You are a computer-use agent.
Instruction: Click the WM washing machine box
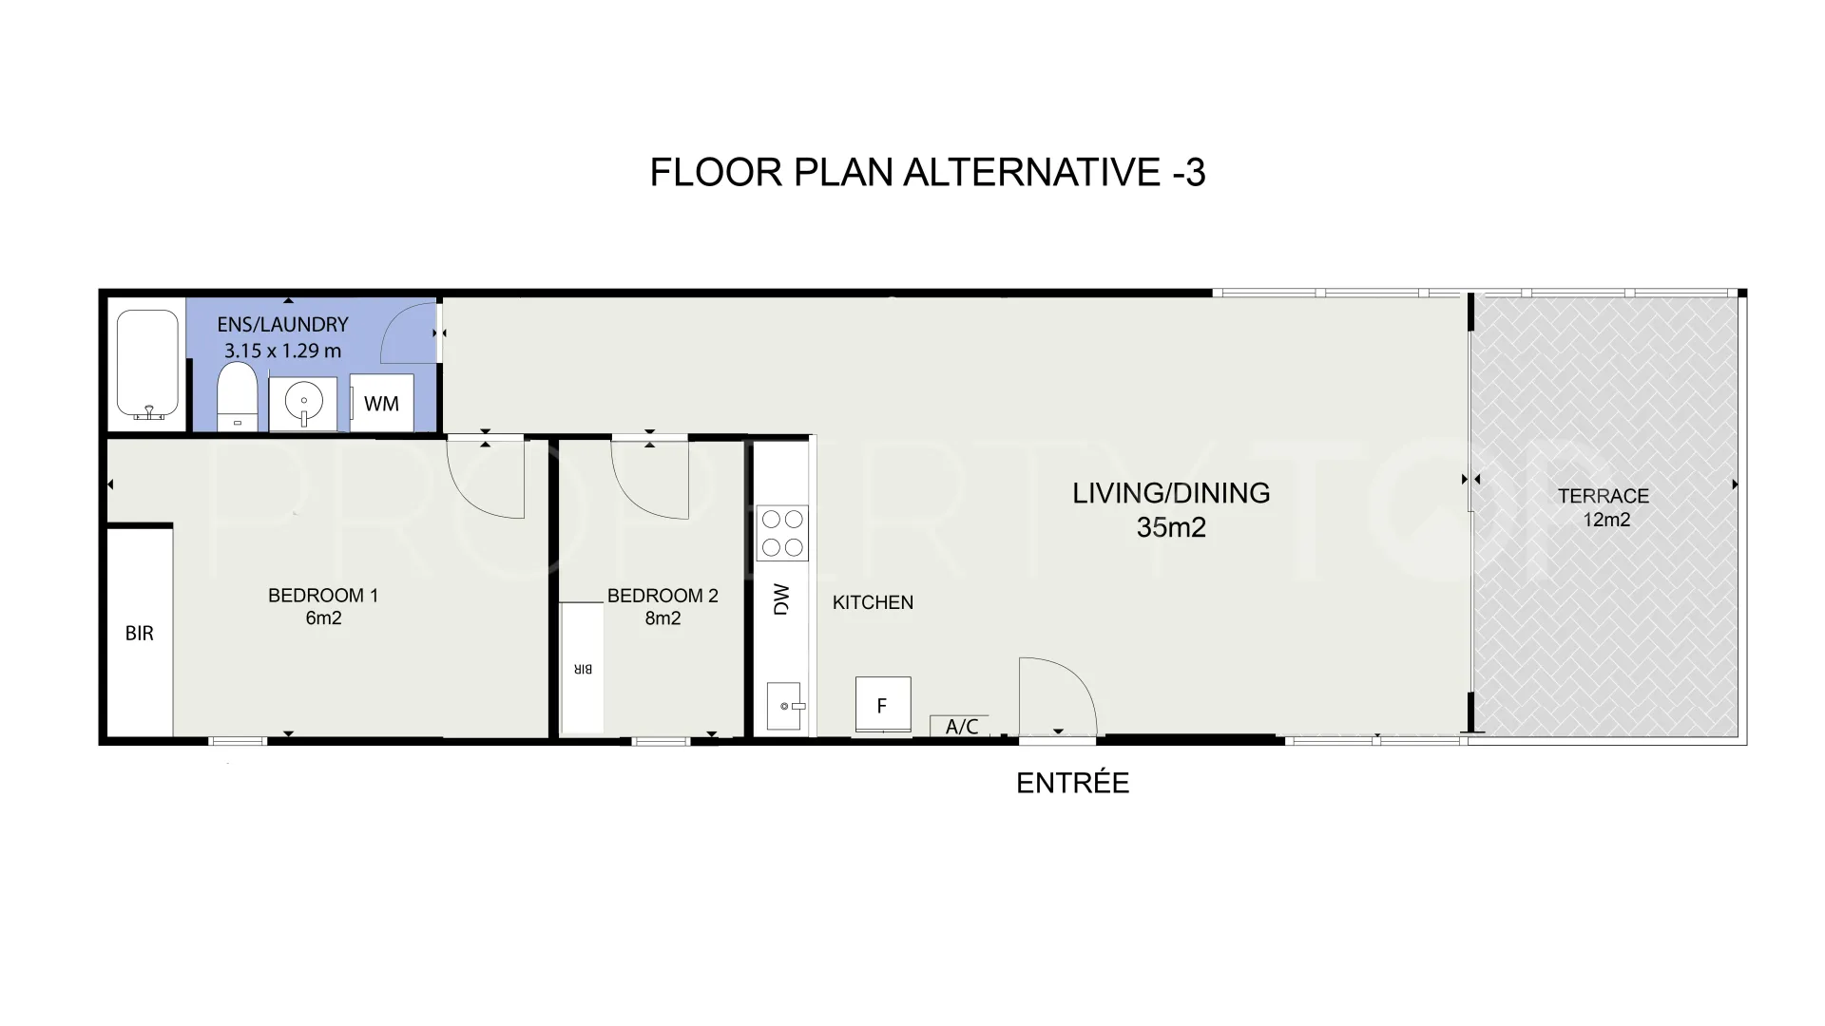click(381, 404)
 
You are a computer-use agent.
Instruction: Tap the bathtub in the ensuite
click(147, 365)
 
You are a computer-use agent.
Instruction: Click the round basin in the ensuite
click(303, 404)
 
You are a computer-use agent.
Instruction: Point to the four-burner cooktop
click(782, 533)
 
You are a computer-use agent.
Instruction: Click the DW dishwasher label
click(782, 599)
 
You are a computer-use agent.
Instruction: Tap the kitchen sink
click(785, 706)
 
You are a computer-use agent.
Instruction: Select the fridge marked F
click(883, 705)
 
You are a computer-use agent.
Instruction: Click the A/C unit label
click(962, 727)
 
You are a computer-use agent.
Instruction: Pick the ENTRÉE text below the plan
click(1073, 783)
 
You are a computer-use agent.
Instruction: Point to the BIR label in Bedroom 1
click(140, 634)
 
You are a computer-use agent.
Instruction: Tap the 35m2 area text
click(1171, 527)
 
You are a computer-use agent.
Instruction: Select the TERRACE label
click(1604, 496)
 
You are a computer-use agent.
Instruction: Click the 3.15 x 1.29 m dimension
click(282, 351)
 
